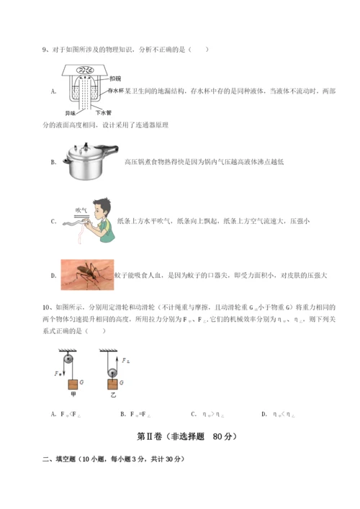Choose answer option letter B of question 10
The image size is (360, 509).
pos(124,413)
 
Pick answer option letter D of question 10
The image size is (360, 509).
pos(264,413)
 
